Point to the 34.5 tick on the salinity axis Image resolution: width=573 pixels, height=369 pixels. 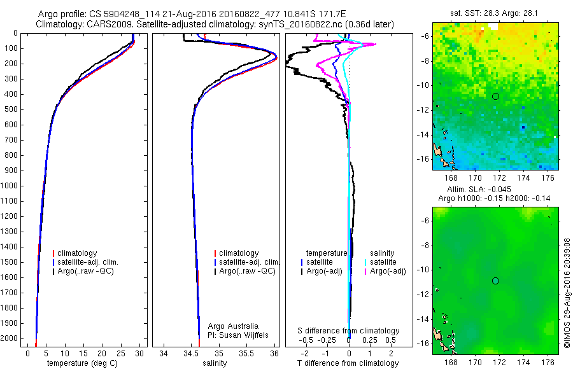[192, 352]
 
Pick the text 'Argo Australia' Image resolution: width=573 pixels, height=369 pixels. [233, 326]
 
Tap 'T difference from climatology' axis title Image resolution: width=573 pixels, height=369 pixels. [348, 363]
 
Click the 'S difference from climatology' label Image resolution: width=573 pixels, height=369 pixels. [348, 331]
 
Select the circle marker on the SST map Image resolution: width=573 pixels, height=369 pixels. [495, 96]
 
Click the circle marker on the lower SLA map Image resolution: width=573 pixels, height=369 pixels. [495, 281]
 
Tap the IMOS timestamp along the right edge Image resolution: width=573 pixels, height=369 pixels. [567, 294]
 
